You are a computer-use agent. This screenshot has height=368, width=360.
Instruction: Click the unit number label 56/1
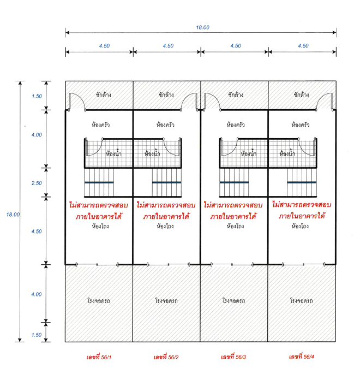[x=99, y=357]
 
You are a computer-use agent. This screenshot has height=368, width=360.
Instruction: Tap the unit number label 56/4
[x=302, y=357]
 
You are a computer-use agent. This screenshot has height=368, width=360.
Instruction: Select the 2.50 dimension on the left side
[x=37, y=183]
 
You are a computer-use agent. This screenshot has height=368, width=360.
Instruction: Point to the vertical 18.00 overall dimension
[x=13, y=215]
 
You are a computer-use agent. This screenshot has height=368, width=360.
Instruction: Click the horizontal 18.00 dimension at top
[x=202, y=27]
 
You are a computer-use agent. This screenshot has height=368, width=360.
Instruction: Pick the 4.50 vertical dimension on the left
[x=37, y=232]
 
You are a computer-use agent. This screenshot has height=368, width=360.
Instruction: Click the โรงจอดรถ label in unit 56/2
[x=166, y=301]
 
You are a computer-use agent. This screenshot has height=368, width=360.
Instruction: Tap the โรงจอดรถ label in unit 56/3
[x=234, y=301]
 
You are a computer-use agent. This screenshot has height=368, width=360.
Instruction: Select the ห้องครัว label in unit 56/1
[x=100, y=124]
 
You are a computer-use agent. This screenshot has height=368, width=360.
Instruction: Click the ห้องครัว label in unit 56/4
[x=301, y=124]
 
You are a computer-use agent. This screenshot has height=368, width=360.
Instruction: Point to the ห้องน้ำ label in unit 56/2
[x=152, y=153]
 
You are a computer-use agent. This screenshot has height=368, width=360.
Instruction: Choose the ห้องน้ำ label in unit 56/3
[x=249, y=153]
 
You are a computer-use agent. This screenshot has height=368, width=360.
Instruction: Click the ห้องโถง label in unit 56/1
[x=100, y=226]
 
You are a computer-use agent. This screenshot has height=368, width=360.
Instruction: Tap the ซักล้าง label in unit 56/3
[x=236, y=94]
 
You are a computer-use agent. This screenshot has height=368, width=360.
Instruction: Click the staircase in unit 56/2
[x=167, y=182]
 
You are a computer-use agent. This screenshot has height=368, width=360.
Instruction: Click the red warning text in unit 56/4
[x=302, y=210]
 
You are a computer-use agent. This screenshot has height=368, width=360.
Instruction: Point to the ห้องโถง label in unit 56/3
[x=235, y=226]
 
